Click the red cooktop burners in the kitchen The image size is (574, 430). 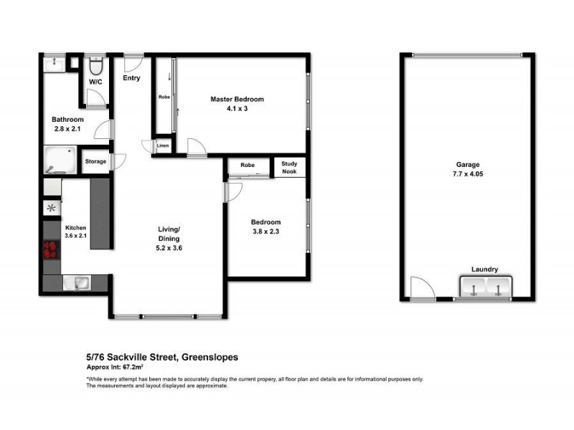(51, 250)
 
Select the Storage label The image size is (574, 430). (95, 161)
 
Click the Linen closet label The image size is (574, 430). (163, 145)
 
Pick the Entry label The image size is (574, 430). (131, 78)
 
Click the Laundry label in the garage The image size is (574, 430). (484, 269)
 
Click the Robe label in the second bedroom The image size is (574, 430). (248, 166)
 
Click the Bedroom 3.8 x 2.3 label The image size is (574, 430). (265, 227)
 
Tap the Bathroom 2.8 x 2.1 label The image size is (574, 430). (67, 125)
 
